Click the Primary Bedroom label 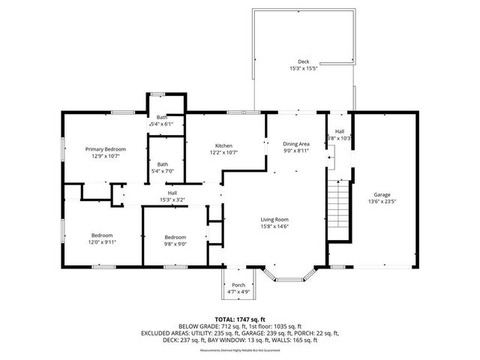(x=105, y=149)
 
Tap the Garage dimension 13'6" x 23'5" (x=382, y=201)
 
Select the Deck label (x=303, y=61)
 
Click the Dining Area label (x=295, y=143)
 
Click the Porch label (x=238, y=284)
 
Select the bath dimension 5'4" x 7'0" (x=163, y=172)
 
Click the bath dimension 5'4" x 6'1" (x=162, y=124)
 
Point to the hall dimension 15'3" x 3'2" (x=172, y=199)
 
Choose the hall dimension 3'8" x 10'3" (x=340, y=139)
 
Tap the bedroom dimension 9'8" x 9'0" (x=175, y=243)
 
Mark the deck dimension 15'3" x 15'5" (x=303, y=69)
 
